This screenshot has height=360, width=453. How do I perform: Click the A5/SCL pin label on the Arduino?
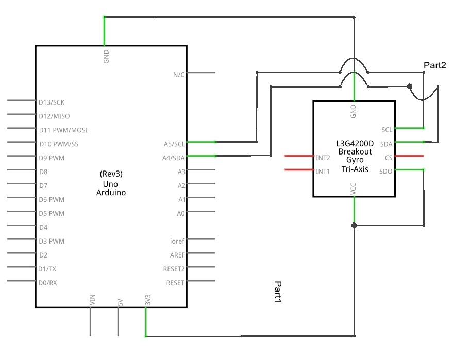tap(174, 144)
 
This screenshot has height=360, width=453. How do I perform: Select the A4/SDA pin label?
tap(173, 158)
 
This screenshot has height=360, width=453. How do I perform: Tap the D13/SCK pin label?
tap(52, 102)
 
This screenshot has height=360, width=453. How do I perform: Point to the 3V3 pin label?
tap(148, 300)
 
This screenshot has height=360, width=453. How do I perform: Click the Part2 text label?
tap(435, 65)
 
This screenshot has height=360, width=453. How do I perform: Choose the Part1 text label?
tap(278, 292)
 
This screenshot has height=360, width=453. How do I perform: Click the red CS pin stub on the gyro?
tap(409, 156)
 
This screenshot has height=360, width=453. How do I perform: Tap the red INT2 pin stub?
tap(299, 156)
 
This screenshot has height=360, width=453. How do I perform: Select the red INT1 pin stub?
tap(299, 170)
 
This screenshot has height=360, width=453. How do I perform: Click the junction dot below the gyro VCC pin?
tap(354, 225)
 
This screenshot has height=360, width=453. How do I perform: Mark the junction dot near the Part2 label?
tap(409, 87)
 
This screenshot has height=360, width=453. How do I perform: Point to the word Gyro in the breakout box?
tap(355, 160)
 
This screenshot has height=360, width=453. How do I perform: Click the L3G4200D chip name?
tap(355, 144)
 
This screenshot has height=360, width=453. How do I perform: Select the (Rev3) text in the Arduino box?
tap(111, 174)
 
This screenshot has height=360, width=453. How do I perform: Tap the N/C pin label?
tap(179, 75)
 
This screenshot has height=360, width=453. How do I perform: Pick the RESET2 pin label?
tap(174, 269)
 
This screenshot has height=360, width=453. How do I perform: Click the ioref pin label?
tap(177, 241)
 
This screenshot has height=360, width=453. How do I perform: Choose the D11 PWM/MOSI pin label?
tap(63, 130)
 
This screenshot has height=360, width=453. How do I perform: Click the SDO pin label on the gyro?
tap(385, 172)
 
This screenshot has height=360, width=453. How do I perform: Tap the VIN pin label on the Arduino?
tap(92, 300)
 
